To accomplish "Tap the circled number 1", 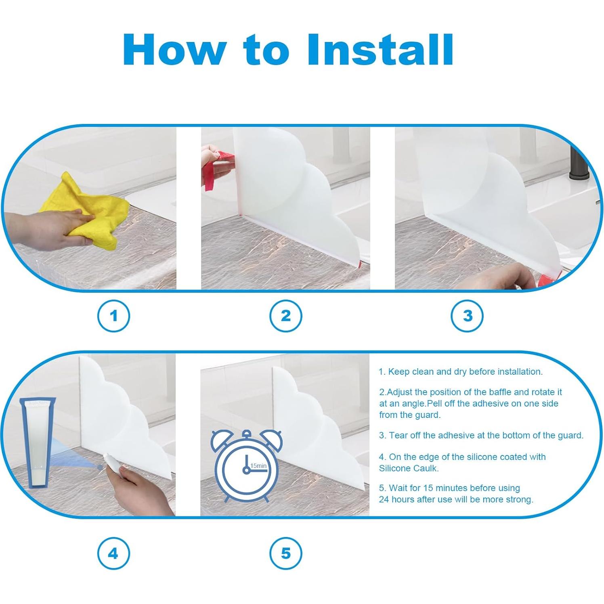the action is pyautogui.click(x=113, y=316).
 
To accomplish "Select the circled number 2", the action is pyautogui.click(x=286, y=316).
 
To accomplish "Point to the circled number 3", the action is pyautogui.click(x=467, y=316).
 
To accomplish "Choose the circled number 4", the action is pyautogui.click(x=113, y=553).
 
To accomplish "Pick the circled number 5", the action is pyautogui.click(x=286, y=553).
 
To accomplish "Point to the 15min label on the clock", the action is pyautogui.click(x=258, y=466).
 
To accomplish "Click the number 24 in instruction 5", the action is pyautogui.click(x=384, y=499).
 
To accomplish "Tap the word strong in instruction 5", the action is pyautogui.click(x=520, y=500).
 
